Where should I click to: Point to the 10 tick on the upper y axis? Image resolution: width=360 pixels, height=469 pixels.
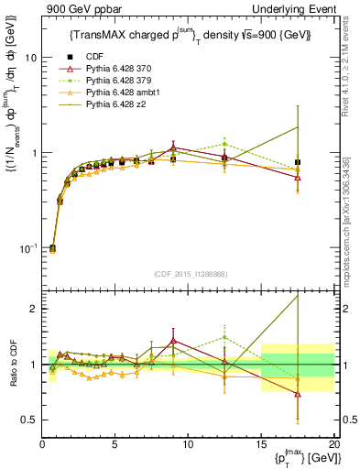click(x=28, y=57)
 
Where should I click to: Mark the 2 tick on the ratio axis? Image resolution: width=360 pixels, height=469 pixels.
click(x=31, y=309)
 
